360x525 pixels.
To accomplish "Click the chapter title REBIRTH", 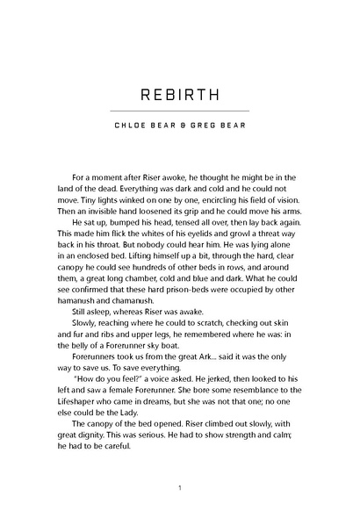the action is click(179, 93).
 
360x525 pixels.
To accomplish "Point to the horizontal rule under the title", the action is click(179, 111).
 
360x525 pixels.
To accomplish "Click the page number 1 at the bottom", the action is click(179, 488).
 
